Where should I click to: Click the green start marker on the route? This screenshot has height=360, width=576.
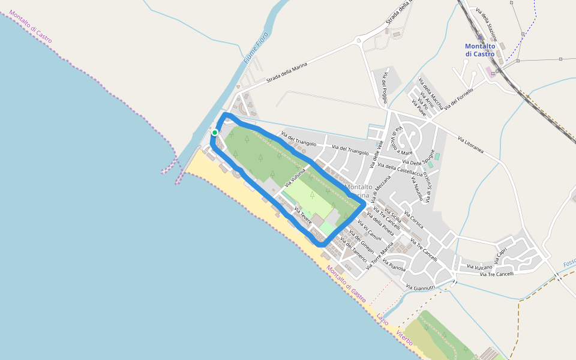[x=215, y=133]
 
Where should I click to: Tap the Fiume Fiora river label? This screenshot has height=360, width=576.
[x=256, y=49]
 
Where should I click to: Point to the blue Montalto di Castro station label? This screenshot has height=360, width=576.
[x=480, y=50]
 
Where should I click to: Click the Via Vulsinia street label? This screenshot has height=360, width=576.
[x=296, y=177]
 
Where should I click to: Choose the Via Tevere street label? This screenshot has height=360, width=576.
[x=302, y=216]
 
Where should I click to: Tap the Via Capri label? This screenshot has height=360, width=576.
[x=502, y=255]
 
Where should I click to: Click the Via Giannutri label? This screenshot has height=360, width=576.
[x=420, y=288]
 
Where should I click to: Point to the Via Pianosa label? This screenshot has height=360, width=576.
[x=394, y=265]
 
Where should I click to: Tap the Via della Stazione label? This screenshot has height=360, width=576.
[x=487, y=20]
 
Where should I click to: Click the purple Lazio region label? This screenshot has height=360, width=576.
[x=383, y=319]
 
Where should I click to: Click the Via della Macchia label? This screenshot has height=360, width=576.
[x=432, y=94]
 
